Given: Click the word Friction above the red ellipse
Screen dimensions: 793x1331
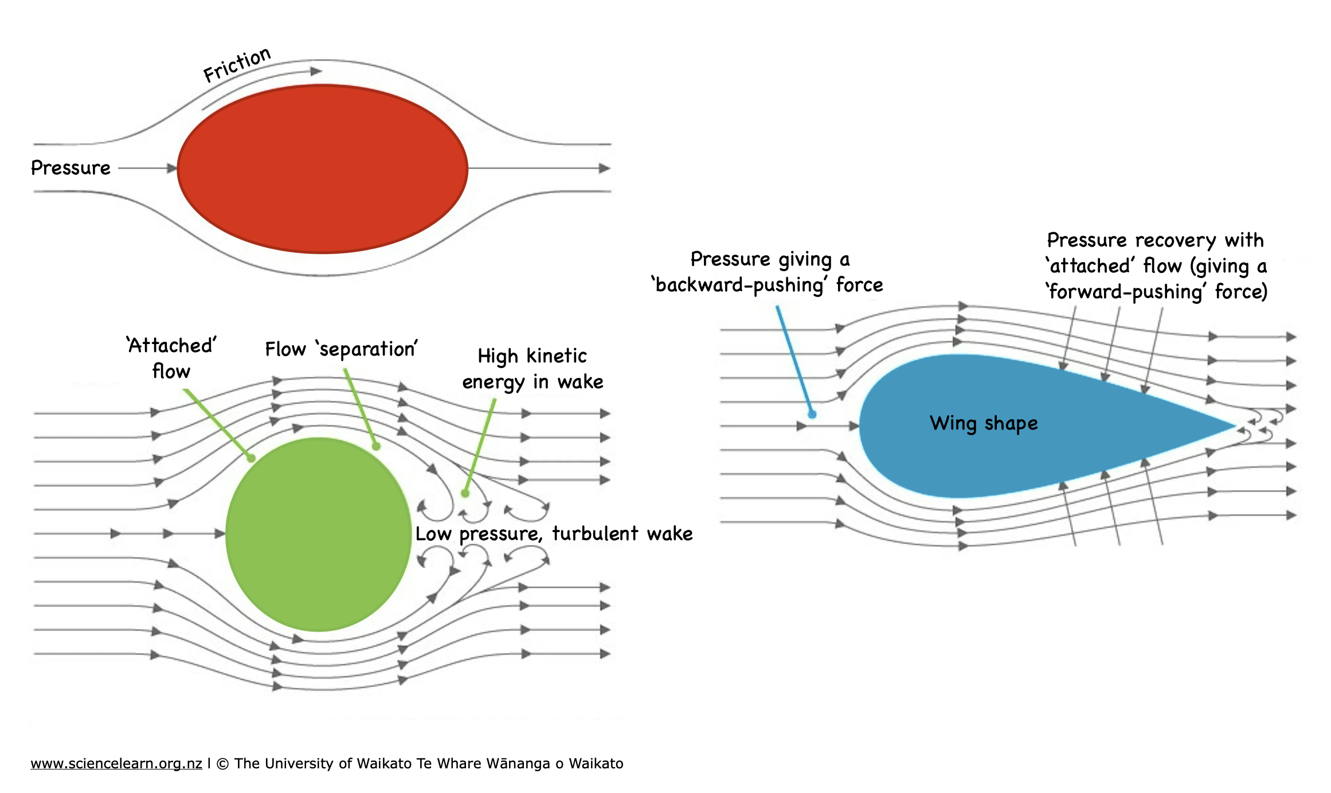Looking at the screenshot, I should point(237,64).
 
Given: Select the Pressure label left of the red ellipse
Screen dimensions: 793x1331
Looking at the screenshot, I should point(71,168).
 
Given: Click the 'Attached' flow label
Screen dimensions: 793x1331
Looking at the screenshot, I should point(171,358).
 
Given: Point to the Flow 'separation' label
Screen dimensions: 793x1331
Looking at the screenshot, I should point(341,349).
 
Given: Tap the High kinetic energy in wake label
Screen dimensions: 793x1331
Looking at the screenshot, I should point(533,369).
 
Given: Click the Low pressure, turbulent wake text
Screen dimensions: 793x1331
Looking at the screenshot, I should point(554,534).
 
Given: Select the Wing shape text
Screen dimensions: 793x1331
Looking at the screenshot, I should point(984,423).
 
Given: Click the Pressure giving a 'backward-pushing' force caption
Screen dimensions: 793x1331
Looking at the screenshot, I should point(768,272).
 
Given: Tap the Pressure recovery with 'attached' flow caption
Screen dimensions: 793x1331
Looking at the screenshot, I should point(1156,265).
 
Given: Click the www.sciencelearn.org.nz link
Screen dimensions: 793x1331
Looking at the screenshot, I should point(116,764).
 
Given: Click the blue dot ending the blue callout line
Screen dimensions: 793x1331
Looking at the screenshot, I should point(812,414).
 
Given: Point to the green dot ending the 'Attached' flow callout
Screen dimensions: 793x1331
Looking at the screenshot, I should point(250,458).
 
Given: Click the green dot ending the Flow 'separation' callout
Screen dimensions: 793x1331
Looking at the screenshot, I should point(376,446).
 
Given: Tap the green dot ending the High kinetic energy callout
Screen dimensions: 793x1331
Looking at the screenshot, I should point(465,493).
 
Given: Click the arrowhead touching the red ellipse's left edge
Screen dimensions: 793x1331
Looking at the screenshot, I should point(172,169).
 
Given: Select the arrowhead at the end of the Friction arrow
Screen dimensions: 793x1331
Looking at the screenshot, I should point(316,71).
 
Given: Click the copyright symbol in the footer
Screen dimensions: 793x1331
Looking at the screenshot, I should point(223,764).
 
